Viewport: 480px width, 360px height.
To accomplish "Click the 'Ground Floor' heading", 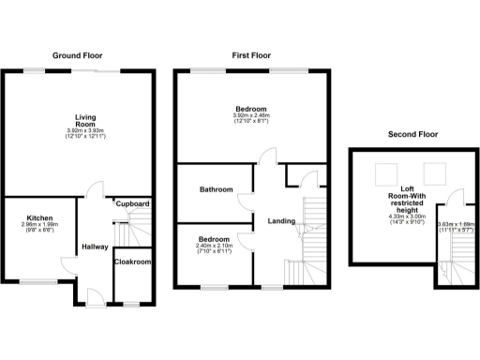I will (78, 56).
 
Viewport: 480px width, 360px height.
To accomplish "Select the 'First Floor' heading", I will (251, 56).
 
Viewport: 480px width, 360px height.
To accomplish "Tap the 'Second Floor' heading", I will (413, 135).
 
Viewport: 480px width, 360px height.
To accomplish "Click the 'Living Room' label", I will (86, 121).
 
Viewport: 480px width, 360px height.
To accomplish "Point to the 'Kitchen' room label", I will (39, 217).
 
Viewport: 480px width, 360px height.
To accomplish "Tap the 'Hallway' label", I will (95, 247).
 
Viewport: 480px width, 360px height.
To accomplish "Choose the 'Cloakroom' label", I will (133, 262).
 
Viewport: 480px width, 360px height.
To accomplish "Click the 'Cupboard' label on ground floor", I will (133, 202).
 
